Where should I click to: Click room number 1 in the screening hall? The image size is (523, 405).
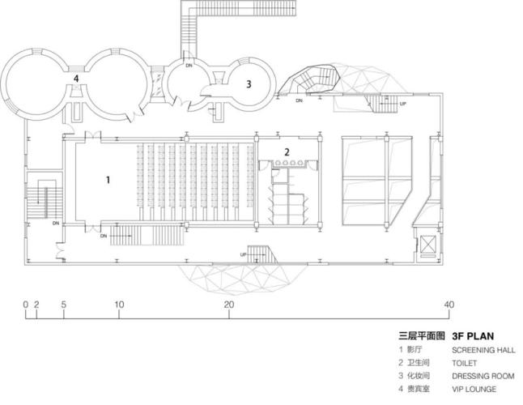coord(108,180)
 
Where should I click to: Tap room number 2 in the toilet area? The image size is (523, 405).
coord(286,151)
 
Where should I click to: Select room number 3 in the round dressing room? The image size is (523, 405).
coord(249,83)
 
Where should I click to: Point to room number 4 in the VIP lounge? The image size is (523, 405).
coord(76,79)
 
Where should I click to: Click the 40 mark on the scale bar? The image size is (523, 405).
coord(449,305)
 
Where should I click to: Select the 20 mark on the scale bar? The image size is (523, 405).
coord(229,305)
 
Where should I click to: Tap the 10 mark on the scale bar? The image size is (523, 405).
coord(119,305)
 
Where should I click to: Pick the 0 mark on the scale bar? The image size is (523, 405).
coord(26,305)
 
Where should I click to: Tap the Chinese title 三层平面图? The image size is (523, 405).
coord(422,335)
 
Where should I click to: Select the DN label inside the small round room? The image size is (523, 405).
coord(189,65)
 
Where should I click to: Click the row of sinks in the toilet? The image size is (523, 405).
coord(287,161)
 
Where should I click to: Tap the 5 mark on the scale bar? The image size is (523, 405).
coord(63,305)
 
